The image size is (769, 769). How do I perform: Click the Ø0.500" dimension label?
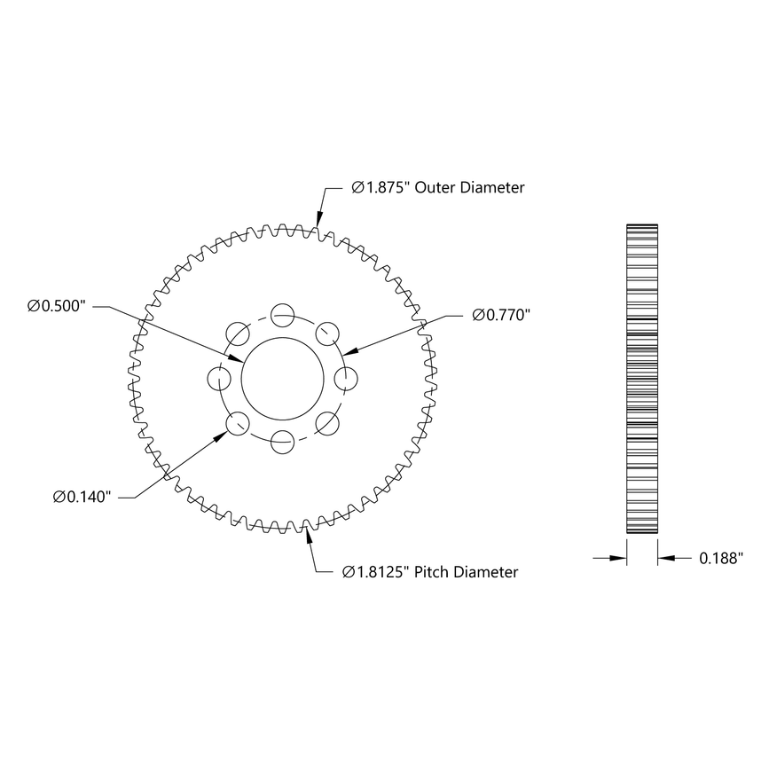[x=57, y=306]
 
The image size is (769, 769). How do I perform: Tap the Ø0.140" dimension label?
[x=82, y=497]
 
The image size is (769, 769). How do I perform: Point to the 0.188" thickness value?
[x=720, y=558]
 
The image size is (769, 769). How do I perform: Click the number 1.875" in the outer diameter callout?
[x=380, y=188]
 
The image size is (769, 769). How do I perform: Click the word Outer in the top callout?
[x=435, y=188]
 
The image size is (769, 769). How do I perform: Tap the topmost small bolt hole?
[x=283, y=314]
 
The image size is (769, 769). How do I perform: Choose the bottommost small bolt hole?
[x=283, y=441]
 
